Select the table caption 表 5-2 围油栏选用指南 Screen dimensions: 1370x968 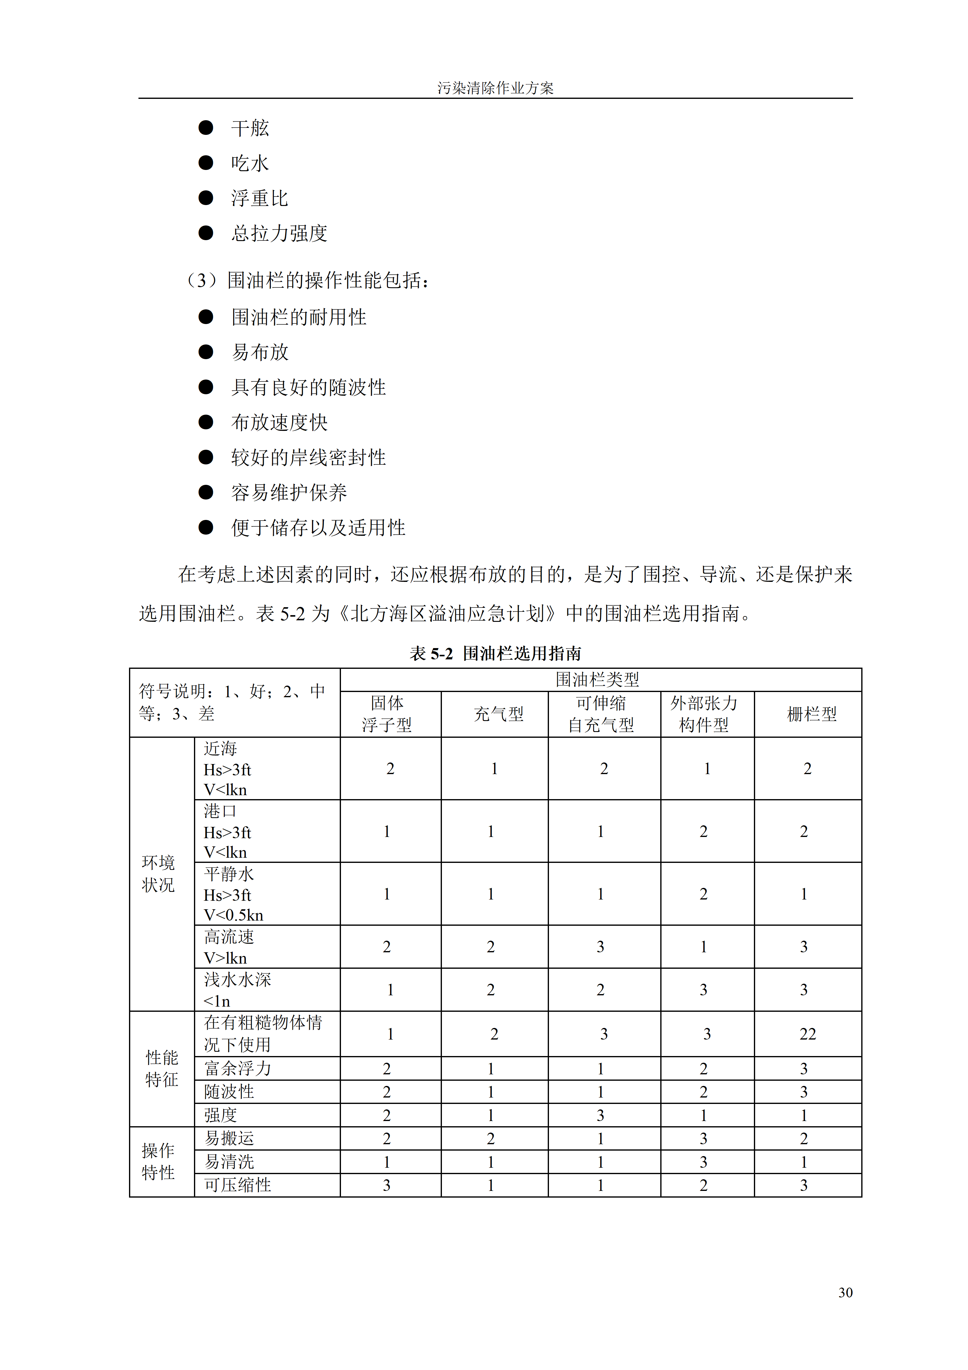495,653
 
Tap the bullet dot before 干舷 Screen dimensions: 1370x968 206,128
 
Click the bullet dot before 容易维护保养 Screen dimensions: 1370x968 206,492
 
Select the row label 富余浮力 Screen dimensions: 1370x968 237,1068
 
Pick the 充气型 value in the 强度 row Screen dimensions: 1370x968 490,1115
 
